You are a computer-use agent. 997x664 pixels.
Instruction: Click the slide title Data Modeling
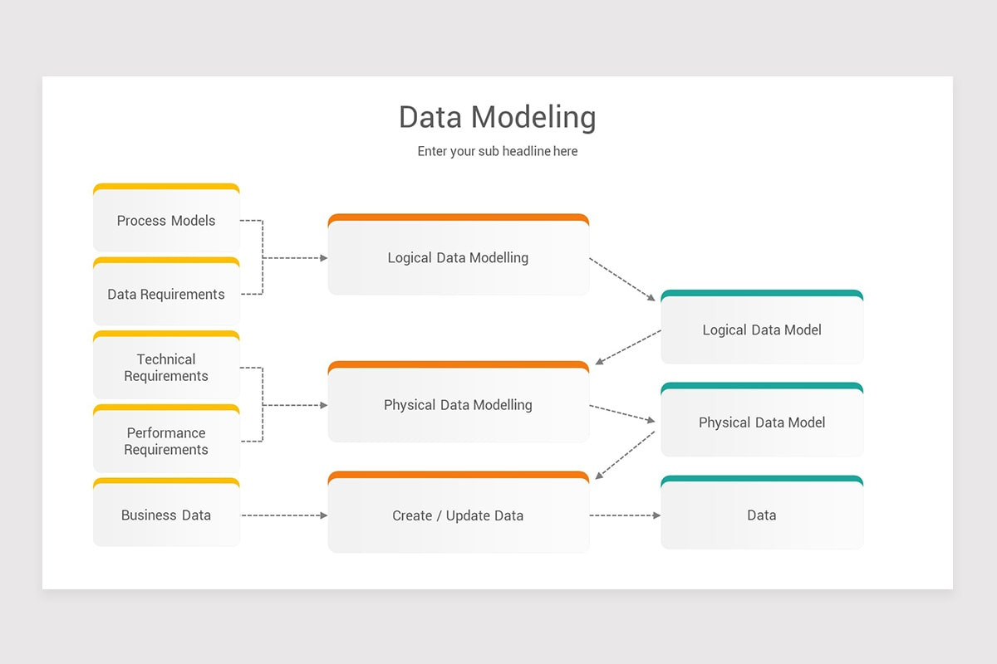pyautogui.click(x=497, y=117)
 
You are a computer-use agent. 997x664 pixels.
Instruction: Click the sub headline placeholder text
pyautogui.click(x=497, y=151)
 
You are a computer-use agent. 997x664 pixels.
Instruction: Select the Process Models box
pyautogui.click(x=166, y=221)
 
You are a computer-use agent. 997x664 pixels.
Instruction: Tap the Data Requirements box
pyautogui.click(x=166, y=295)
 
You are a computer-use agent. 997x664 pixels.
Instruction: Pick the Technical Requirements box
pyautogui.click(x=166, y=368)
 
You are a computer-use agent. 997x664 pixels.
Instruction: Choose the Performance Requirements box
pyautogui.click(x=166, y=442)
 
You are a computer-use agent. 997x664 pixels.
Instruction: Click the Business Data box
pyautogui.click(x=166, y=515)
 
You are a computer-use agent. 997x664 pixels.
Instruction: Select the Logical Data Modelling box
pyautogui.click(x=458, y=258)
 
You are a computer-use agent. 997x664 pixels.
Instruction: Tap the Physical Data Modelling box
pyautogui.click(x=458, y=405)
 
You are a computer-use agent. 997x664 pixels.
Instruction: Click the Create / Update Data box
pyautogui.click(x=458, y=515)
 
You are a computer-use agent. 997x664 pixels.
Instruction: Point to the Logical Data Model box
pyautogui.click(x=762, y=330)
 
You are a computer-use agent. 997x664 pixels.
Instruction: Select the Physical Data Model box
pyautogui.click(x=762, y=422)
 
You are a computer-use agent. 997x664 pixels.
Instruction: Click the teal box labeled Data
pyautogui.click(x=762, y=515)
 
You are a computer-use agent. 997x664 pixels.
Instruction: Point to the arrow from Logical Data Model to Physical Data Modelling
pyautogui.click(x=628, y=347)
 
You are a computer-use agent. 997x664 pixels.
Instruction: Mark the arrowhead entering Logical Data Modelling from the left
pyautogui.click(x=323, y=258)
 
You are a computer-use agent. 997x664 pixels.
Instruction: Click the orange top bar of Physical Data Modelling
pyautogui.click(x=458, y=364)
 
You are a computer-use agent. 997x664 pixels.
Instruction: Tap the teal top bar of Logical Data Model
pyautogui.click(x=762, y=293)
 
